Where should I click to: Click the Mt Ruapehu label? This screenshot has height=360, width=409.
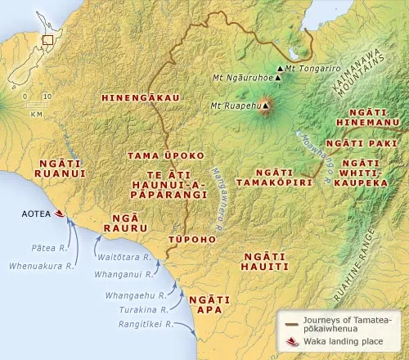(x=231, y=105)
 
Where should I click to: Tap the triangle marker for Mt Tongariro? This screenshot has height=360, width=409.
(x=281, y=68)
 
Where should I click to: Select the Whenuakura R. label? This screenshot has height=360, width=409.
(x=37, y=265)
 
